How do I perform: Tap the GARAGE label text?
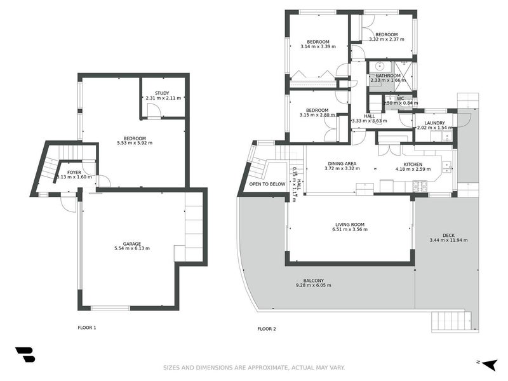pyautogui.click(x=132, y=243)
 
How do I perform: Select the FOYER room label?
pyautogui.click(x=74, y=171)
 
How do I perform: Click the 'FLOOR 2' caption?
pyautogui.click(x=266, y=329)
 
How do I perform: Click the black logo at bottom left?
pyautogui.click(x=25, y=355)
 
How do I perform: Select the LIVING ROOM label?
pyautogui.click(x=350, y=225)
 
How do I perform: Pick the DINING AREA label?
pyautogui.click(x=342, y=163)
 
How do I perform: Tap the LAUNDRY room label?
pyautogui.click(x=435, y=123)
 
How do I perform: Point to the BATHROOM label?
pyautogui.click(x=388, y=76)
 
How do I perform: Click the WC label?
pyautogui.click(x=401, y=98)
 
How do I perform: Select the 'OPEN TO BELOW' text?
pyautogui.click(x=267, y=184)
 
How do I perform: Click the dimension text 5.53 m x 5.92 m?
pyautogui.click(x=135, y=143)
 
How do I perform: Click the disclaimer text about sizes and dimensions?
pyautogui.click(x=253, y=367)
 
